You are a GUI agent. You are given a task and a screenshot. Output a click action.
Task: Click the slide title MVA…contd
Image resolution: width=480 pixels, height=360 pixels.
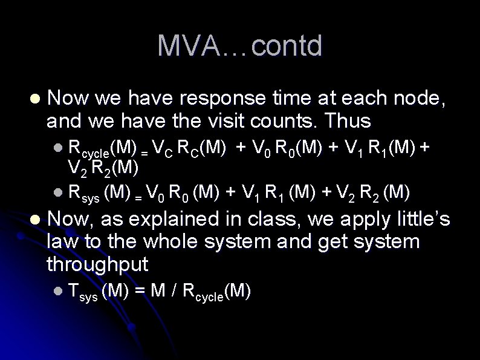coord(240,46)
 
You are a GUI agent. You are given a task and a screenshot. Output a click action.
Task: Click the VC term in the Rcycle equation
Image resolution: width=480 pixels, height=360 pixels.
coord(163,147)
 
